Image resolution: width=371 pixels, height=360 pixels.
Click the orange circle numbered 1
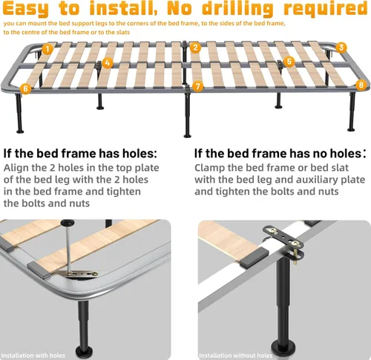(47, 49)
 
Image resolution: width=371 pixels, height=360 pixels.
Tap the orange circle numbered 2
(195, 48)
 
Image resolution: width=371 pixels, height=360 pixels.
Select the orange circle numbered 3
(341, 48)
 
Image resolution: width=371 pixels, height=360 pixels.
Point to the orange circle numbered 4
(107, 63)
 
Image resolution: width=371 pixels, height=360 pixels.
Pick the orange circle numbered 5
(289, 62)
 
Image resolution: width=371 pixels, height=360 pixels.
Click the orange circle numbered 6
(25, 88)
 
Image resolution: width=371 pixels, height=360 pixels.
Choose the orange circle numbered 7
(197, 86)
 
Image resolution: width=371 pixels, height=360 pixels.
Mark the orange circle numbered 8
(361, 85)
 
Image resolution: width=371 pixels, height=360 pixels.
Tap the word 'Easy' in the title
(25, 9)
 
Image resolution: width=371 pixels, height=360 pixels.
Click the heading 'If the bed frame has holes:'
(80, 154)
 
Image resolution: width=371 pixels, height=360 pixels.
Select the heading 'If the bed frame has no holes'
(278, 154)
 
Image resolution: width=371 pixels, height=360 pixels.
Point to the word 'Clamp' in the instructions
(209, 168)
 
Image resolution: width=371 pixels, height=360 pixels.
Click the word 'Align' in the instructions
(16, 168)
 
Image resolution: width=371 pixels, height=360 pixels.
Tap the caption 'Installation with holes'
(33, 356)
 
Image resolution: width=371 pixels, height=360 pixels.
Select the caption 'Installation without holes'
(235, 356)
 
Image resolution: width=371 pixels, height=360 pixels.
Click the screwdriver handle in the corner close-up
(68, 223)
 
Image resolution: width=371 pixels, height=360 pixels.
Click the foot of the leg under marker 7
(188, 135)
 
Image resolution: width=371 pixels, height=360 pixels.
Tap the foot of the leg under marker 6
(20, 131)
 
